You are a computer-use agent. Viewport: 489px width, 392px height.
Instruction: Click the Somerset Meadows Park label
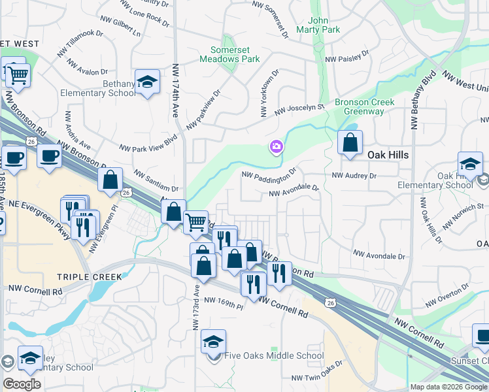tap(235, 54)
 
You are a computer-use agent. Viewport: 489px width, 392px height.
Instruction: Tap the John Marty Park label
tap(318, 25)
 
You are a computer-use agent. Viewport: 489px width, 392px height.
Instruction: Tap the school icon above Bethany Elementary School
tap(148, 82)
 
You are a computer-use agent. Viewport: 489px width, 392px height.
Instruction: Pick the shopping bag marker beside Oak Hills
tap(350, 142)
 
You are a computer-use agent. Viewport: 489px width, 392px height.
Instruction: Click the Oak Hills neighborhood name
tap(388, 155)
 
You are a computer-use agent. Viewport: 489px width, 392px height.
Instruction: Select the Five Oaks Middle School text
tap(273, 356)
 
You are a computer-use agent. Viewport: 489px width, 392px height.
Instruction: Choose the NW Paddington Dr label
tap(269, 174)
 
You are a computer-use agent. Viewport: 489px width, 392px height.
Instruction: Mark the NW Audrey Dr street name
tap(354, 176)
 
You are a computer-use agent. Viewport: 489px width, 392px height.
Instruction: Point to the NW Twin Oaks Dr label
tap(317, 378)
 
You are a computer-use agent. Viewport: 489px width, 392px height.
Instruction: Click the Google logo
tap(22, 384)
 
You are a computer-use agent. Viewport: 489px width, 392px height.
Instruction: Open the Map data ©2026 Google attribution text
tap(448, 387)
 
